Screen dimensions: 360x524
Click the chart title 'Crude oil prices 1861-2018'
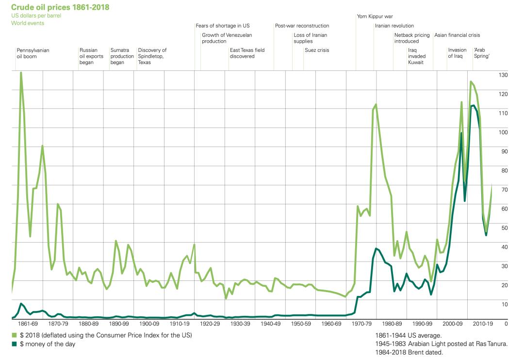[60, 7]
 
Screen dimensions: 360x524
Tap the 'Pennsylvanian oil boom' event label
[33, 53]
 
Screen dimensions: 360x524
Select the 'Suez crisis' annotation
[317, 50]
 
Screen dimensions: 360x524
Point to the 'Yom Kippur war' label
[375, 16]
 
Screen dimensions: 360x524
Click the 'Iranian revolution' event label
[394, 26]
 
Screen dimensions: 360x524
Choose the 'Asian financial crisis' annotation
[457, 35]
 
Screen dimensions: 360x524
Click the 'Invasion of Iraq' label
[457, 53]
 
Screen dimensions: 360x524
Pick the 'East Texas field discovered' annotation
[247, 53]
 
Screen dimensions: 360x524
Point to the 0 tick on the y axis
[507, 323]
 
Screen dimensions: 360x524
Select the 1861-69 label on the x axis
[27, 323]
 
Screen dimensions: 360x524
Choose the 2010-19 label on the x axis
[484, 323]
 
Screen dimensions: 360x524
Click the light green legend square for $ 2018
[14, 335]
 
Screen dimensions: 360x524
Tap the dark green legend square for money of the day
[14, 344]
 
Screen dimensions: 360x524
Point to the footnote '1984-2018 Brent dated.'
[409, 353]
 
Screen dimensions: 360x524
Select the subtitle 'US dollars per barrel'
[36, 16]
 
